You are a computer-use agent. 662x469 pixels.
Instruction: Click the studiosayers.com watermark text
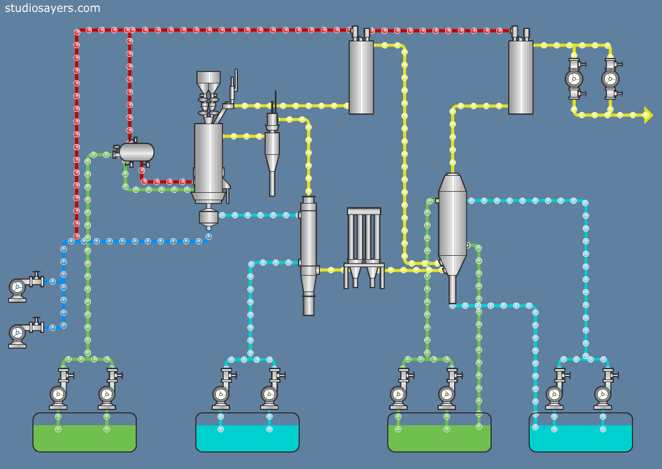52,8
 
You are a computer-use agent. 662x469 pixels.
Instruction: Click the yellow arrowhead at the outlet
648,115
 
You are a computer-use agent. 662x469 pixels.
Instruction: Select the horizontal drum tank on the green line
136,152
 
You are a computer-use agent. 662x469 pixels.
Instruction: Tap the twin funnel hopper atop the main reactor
208,83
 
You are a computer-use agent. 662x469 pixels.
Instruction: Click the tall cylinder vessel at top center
361,77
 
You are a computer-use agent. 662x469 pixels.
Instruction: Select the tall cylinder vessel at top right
521,77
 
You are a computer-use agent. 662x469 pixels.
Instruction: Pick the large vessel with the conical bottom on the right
452,227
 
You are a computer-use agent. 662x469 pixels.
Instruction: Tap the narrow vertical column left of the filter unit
308,255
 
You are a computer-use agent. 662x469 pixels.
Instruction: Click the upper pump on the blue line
18,287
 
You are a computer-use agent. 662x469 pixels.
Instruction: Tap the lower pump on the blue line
18,333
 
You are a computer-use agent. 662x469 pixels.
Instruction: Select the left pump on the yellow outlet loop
574,79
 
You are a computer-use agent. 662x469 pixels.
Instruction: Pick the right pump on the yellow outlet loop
610,79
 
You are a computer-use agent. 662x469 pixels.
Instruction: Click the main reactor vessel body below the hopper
208,159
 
